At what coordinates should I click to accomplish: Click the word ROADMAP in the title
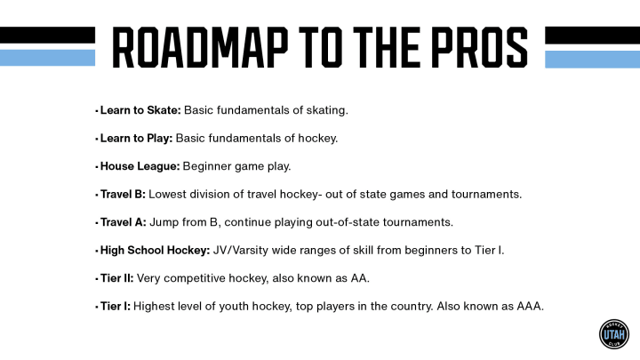point(200,47)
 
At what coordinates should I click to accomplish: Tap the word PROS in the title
point(480,47)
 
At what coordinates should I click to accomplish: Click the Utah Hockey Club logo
point(614,334)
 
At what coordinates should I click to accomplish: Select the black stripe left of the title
point(47,35)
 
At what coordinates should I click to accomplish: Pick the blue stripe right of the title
point(592,60)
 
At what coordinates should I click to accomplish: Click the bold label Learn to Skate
point(140,110)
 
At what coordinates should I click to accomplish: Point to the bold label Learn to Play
point(136,139)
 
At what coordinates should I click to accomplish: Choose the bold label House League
point(140,166)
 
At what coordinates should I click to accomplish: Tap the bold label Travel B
point(123,195)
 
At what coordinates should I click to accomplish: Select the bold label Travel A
point(124,222)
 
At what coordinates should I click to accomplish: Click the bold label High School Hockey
point(155,250)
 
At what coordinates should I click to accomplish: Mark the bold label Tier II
point(116,278)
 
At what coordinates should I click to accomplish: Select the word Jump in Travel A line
point(164,223)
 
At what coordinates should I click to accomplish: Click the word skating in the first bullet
point(327,110)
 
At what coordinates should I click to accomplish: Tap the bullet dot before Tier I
point(97,307)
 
